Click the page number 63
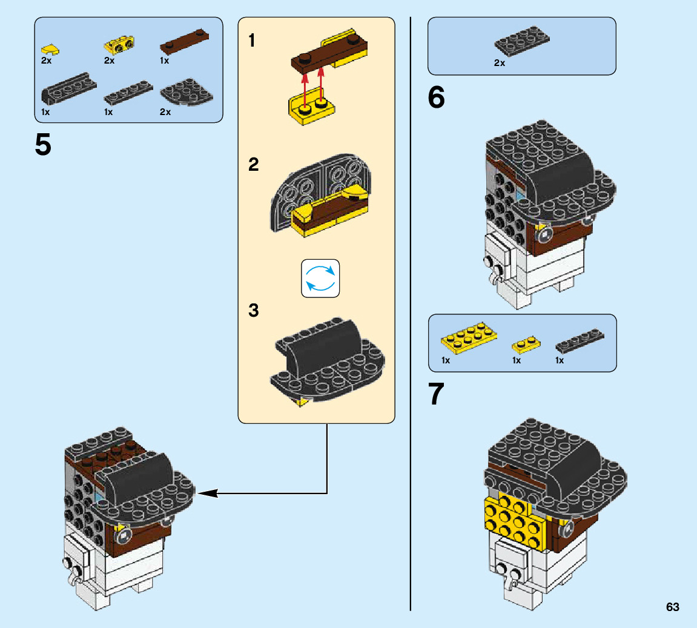(x=673, y=607)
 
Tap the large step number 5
(x=43, y=145)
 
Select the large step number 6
(x=436, y=98)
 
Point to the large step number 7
(x=436, y=394)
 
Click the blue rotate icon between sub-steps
(x=320, y=279)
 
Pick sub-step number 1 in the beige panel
(x=251, y=41)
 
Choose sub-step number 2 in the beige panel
(x=253, y=165)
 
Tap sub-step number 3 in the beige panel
(x=253, y=311)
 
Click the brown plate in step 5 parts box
(x=185, y=42)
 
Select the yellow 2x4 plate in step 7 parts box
(x=469, y=338)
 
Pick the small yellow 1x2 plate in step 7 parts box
(x=526, y=345)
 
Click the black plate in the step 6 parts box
(x=522, y=41)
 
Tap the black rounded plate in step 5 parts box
(x=187, y=93)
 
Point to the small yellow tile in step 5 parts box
(x=50, y=49)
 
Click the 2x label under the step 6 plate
(x=500, y=63)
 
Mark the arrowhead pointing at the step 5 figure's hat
(x=207, y=494)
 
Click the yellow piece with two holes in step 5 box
(x=119, y=44)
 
